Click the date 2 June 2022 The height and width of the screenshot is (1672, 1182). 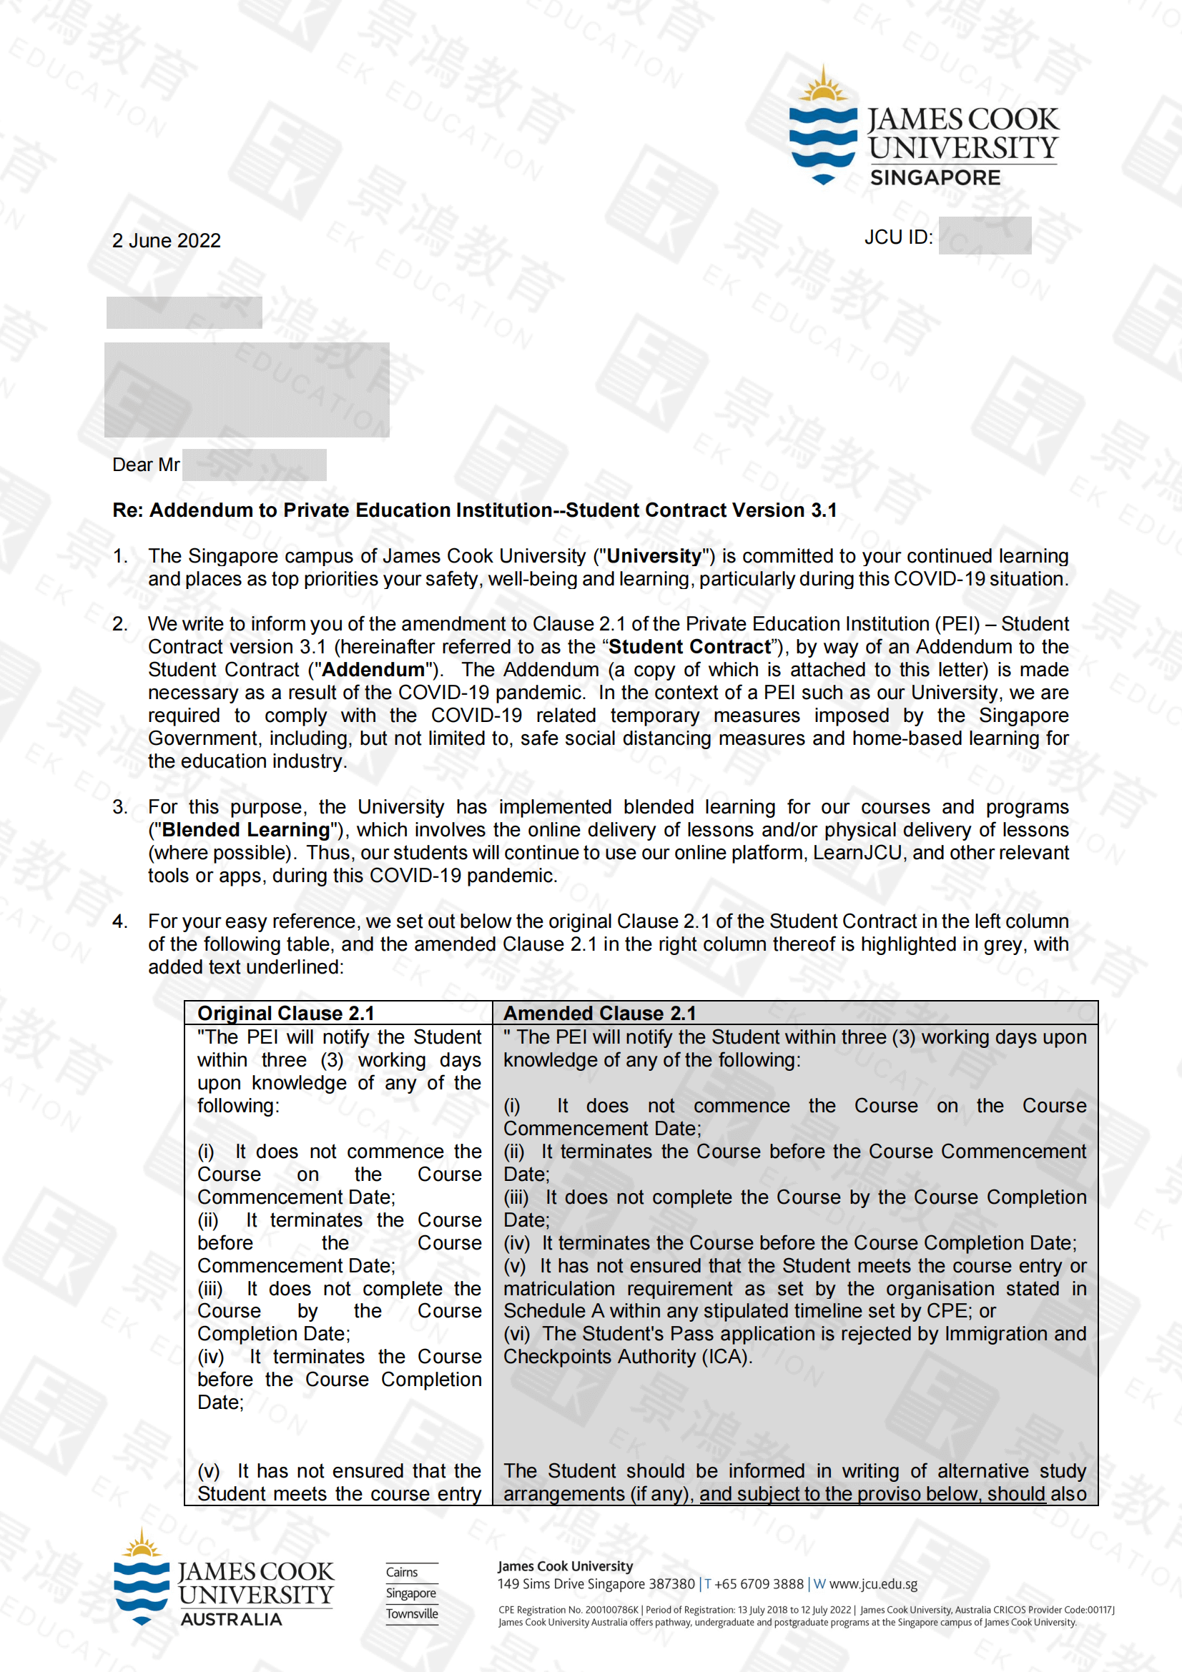coord(166,240)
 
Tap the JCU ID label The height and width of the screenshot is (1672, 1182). coord(898,237)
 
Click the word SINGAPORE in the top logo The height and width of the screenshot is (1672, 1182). coord(935,178)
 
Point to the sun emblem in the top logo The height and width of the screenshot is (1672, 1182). coord(823,86)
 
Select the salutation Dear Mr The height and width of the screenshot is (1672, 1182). coord(146,465)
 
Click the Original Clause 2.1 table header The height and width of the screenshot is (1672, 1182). coord(285,1013)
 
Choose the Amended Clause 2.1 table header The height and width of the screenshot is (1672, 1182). coord(599,1013)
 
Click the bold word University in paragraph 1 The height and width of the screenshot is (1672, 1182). coord(654,556)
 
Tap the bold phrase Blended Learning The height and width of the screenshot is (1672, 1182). coord(245,829)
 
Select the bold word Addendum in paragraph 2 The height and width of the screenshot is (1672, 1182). coord(373,669)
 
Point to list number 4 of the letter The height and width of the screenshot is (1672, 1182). coord(119,921)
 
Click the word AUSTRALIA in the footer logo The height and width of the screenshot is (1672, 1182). coord(231,1620)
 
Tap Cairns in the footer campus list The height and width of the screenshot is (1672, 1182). coord(402,1572)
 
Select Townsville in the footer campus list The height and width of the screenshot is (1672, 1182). coord(411,1614)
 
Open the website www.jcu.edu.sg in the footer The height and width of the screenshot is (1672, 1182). coord(872,1584)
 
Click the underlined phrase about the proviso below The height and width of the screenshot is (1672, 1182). coord(872,1493)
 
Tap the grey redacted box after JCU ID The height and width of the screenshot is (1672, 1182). coord(985,235)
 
